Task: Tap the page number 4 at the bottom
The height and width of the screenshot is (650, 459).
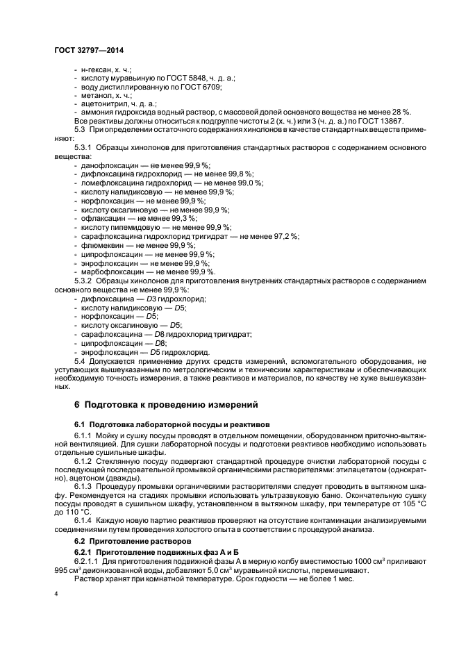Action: tap(56, 594)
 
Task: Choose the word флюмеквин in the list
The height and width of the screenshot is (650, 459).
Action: tap(98, 245)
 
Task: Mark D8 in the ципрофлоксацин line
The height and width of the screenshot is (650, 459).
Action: tap(159, 343)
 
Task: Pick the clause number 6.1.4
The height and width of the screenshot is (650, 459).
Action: tap(85, 521)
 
